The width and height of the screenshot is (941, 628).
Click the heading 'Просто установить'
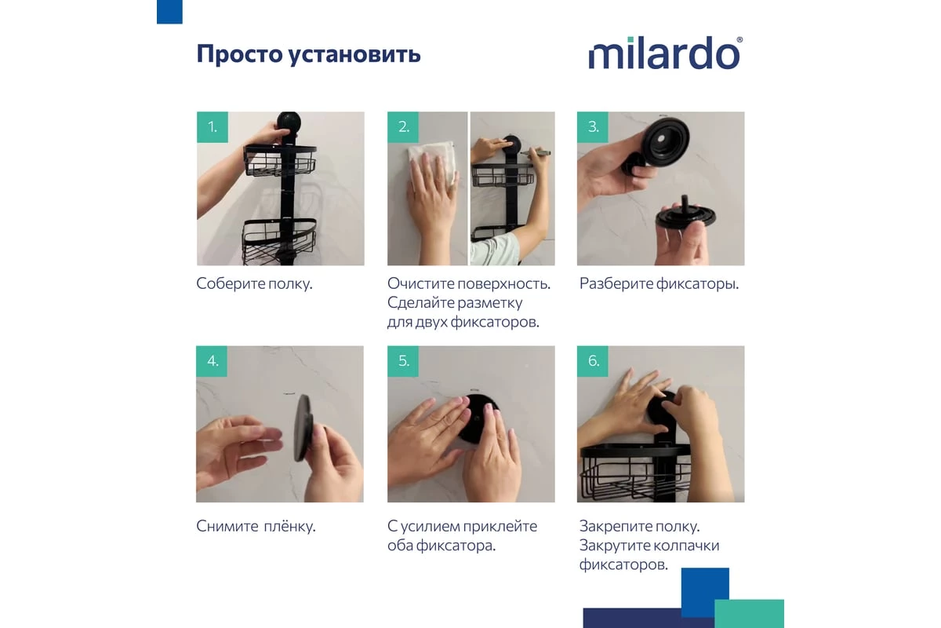tap(308, 54)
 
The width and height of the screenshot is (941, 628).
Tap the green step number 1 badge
tap(212, 127)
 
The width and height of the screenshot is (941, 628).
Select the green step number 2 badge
tap(403, 127)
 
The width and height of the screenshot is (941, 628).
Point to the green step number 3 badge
tap(593, 127)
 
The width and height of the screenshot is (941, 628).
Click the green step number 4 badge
tap(212, 361)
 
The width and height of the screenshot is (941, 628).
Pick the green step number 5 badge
tap(403, 361)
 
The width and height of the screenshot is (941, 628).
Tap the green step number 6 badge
tap(593, 361)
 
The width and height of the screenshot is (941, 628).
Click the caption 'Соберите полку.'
tap(254, 283)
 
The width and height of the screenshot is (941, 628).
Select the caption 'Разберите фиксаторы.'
tap(659, 283)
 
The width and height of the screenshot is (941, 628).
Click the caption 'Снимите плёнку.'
tap(256, 526)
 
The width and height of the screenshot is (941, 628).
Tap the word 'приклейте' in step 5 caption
tap(501, 526)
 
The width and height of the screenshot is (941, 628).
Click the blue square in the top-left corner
tap(169, 11)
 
